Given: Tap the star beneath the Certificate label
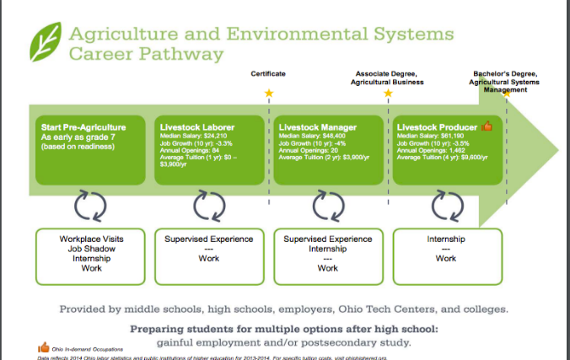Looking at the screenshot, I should click(x=269, y=93).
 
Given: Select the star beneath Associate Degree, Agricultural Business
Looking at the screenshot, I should click(x=389, y=93).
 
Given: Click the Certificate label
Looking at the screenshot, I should click(x=268, y=74).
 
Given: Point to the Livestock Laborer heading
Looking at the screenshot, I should click(x=197, y=127).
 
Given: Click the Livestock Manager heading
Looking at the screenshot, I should click(x=317, y=127).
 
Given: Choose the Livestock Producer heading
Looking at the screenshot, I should click(x=436, y=127).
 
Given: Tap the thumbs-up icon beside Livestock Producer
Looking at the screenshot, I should click(x=487, y=126).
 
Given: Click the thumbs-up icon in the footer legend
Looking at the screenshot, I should click(x=43, y=347).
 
